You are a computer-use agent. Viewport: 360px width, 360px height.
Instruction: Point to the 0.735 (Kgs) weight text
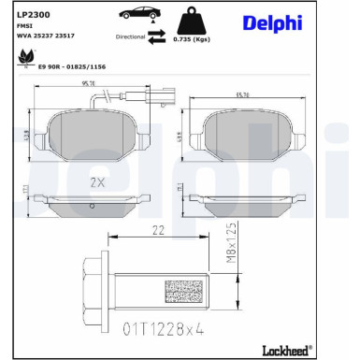(198, 41)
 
